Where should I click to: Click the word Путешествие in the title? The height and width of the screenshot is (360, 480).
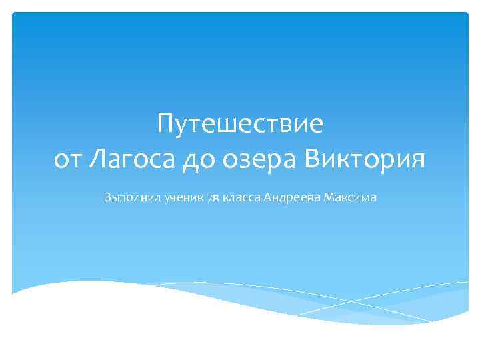[240, 124]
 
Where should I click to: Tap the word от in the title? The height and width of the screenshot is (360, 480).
[69, 160]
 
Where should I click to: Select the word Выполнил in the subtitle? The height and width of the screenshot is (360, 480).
[129, 197]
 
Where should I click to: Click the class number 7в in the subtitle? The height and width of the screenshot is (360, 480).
[215, 197]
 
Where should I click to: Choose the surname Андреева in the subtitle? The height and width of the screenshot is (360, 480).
[293, 197]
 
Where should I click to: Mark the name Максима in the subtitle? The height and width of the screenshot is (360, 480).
[351, 197]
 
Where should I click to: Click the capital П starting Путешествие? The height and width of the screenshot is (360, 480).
[166, 123]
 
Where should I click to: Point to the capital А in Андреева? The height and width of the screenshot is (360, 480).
[268, 197]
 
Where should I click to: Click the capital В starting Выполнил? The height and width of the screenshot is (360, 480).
[107, 197]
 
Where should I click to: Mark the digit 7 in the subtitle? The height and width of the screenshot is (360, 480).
[211, 197]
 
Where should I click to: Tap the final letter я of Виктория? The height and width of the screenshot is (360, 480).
[417, 161]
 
